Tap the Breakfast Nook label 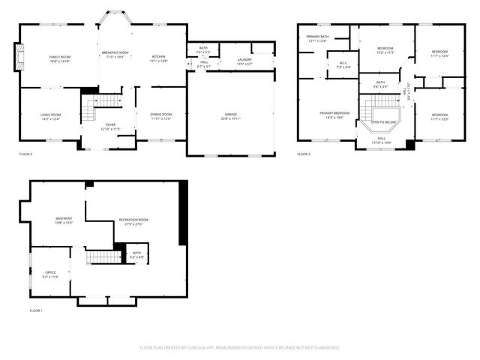(115, 54)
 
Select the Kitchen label (159, 58)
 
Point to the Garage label (229, 117)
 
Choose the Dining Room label (160, 116)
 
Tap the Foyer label (110, 127)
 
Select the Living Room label (50, 116)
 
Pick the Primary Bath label (316, 38)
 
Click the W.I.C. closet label (343, 64)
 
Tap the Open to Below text (384, 121)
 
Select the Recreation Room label (133, 222)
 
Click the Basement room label (64, 220)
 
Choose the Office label (50, 275)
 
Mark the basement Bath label (136, 255)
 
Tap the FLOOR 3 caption (303, 154)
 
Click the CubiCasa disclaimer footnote (240, 347)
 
